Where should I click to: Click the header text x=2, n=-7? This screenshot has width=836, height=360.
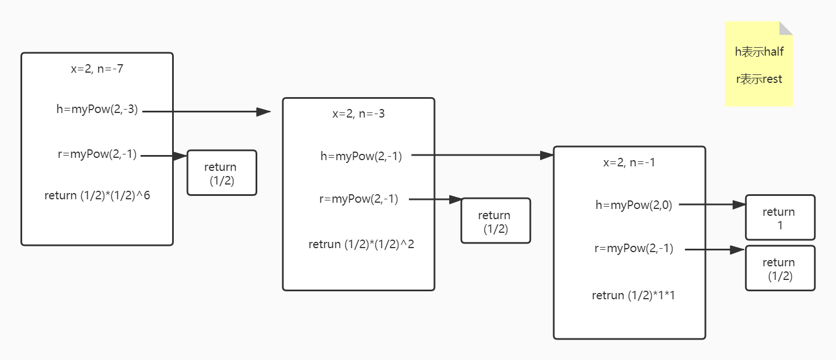pyautogui.click(x=97, y=69)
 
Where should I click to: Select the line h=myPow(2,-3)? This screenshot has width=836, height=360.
pyautogui.click(x=97, y=110)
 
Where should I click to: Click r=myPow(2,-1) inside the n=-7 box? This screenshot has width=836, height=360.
pyautogui.click(x=96, y=154)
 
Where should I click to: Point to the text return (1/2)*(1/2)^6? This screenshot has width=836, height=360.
pyautogui.click(x=97, y=195)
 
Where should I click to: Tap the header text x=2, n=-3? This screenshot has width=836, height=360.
pyautogui.click(x=358, y=114)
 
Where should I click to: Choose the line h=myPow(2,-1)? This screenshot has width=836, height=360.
pyautogui.click(x=361, y=157)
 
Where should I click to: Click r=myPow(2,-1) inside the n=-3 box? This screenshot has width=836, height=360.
pyautogui.click(x=359, y=199)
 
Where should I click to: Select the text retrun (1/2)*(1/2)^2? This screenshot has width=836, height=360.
pyautogui.click(x=361, y=244)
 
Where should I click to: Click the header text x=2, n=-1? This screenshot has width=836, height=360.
pyautogui.click(x=629, y=162)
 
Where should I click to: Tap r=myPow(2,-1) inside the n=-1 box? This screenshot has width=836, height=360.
pyautogui.click(x=634, y=248)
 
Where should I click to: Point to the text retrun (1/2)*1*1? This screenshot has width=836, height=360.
pyautogui.click(x=633, y=295)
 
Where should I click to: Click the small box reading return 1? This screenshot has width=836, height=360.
pyautogui.click(x=780, y=218)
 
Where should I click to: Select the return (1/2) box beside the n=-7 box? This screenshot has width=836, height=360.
pyautogui.click(x=221, y=173)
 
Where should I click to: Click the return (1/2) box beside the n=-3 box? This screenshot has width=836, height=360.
pyautogui.click(x=495, y=221)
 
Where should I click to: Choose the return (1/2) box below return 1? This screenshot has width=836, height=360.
pyautogui.click(x=780, y=269)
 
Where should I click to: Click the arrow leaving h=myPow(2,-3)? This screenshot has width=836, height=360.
pyautogui.click(x=204, y=112)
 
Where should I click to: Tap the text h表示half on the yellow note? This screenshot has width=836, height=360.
pyautogui.click(x=759, y=52)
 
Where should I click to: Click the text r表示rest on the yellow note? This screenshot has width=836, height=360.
pyautogui.click(x=759, y=79)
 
